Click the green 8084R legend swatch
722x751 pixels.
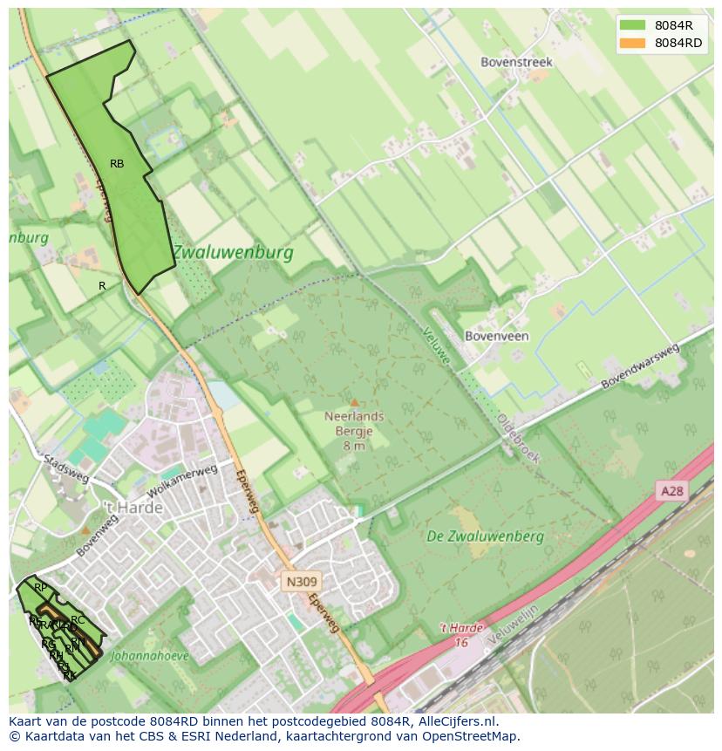pyautogui.click(x=632, y=25)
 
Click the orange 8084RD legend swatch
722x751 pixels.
pyautogui.click(x=632, y=43)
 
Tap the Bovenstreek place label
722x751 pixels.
pyautogui.click(x=517, y=62)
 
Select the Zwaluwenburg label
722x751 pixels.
pyautogui.click(x=231, y=253)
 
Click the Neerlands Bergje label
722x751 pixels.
pyautogui.click(x=354, y=423)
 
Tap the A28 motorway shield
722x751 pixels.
pyautogui.click(x=672, y=491)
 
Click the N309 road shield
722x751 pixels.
pyautogui.click(x=302, y=581)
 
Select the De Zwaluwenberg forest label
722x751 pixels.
pyautogui.click(x=486, y=536)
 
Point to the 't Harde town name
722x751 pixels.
pyautogui.click(x=133, y=508)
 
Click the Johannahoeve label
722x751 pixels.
pyautogui.click(x=150, y=656)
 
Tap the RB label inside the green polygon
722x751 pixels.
pyautogui.click(x=117, y=164)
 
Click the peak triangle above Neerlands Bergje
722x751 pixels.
pyautogui.click(x=354, y=402)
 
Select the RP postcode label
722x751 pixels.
pyautogui.click(x=40, y=588)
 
